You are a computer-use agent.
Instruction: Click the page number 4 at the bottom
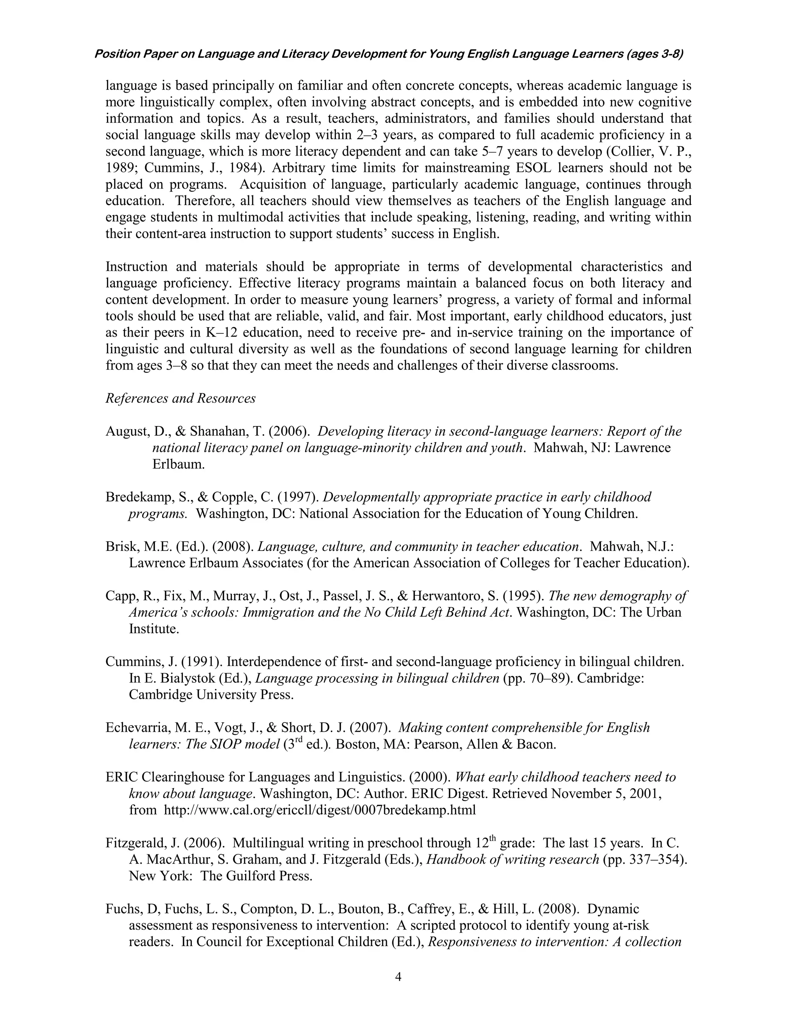(398, 976)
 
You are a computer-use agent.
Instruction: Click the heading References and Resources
(180, 398)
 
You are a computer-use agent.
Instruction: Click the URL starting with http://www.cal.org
(319, 810)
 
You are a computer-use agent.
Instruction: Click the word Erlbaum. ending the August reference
(179, 464)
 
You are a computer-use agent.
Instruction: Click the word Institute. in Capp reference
(154, 629)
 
